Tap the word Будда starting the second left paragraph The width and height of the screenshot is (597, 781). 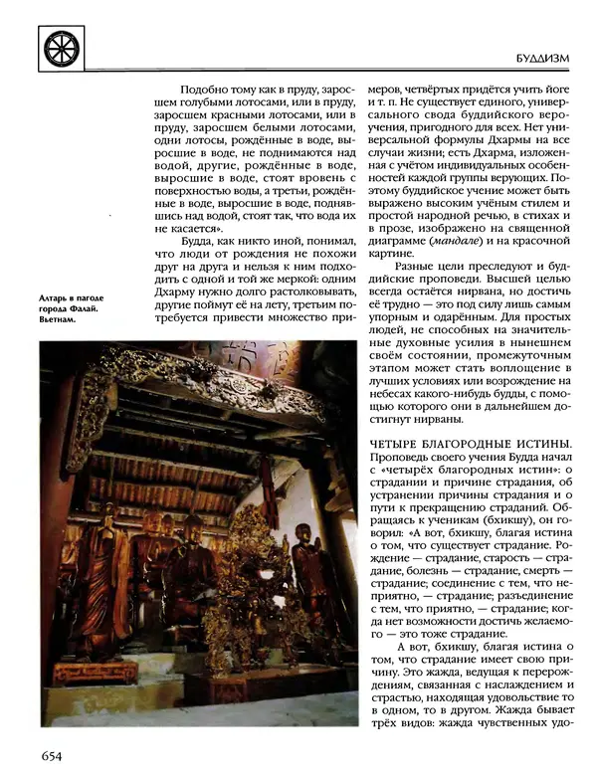click(204, 241)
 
